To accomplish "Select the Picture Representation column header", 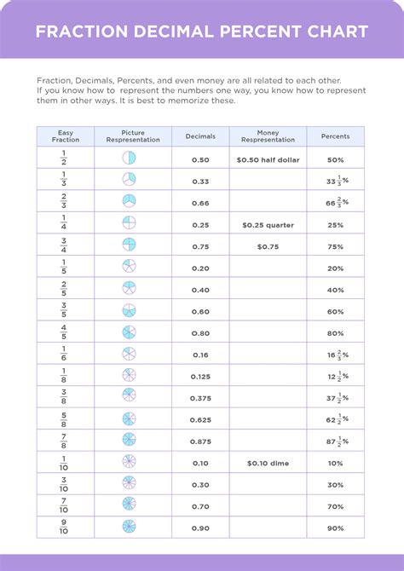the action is (x=132, y=136).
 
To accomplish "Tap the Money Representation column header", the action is (x=268, y=136).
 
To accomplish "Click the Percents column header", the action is (x=335, y=136).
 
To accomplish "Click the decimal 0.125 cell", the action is (x=200, y=375).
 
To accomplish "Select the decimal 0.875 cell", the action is (x=200, y=441).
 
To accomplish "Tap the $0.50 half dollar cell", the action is (x=268, y=159).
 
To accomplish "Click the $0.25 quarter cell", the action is (x=268, y=225).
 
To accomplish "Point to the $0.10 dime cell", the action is (x=268, y=463).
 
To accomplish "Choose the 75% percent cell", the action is (x=335, y=246).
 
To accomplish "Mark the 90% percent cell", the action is (x=335, y=528).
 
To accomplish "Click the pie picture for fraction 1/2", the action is (x=129, y=158).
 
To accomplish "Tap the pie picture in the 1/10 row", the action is (x=129, y=462).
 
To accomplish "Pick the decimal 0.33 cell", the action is (x=200, y=182).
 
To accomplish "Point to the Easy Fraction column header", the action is (x=66, y=136).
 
